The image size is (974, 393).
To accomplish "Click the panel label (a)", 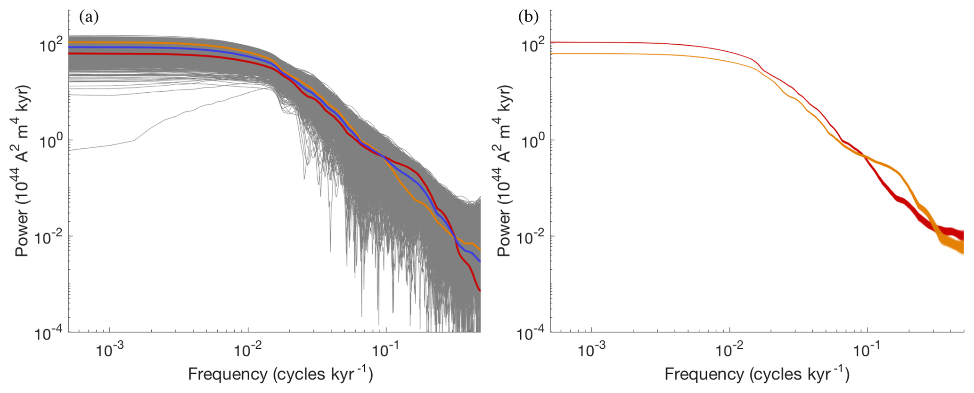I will (89, 17).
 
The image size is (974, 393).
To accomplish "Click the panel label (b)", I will (528, 17).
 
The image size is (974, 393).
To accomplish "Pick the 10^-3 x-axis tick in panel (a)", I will (110, 350).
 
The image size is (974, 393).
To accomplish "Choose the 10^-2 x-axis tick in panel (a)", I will (248, 350).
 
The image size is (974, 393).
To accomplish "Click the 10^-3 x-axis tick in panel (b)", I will (592, 350).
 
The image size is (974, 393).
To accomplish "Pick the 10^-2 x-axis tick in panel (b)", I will (730, 350).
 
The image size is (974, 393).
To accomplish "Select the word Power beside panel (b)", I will (504, 240).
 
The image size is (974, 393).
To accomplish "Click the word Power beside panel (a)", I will (22, 240).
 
